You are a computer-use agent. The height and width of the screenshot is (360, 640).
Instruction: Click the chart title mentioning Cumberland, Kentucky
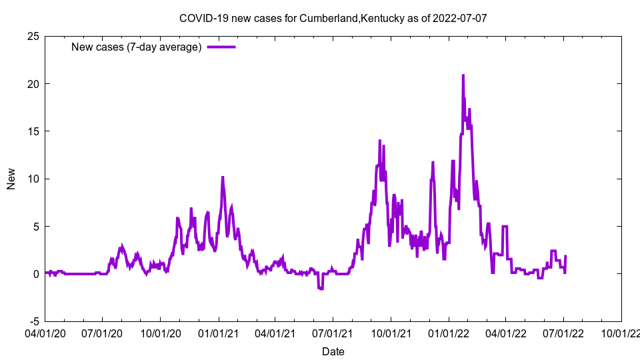(x=333, y=18)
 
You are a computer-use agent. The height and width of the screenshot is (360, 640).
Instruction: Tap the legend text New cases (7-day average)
(x=136, y=47)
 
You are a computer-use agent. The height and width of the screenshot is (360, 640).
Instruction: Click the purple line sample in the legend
(x=221, y=47)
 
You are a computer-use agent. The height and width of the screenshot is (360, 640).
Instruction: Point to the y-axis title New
(x=11, y=179)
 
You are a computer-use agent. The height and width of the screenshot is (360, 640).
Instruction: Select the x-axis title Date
(x=333, y=351)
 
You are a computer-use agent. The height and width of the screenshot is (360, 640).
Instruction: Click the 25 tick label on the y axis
(x=33, y=36)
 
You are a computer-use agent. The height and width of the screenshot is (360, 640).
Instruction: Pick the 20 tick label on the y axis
(x=33, y=84)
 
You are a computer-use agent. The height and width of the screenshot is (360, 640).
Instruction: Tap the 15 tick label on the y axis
(x=33, y=131)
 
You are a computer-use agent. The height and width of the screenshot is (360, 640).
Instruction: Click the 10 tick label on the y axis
(x=33, y=179)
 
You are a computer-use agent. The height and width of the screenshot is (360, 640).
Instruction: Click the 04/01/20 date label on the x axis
(x=45, y=331)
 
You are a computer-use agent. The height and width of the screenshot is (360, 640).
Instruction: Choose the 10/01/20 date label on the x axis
(x=161, y=331)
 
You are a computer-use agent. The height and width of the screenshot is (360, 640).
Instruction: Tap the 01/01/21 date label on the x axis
(x=219, y=331)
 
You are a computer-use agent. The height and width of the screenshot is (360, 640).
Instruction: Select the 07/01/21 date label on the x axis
(x=333, y=331)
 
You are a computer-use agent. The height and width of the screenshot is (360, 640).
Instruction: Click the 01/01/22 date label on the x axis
(x=449, y=331)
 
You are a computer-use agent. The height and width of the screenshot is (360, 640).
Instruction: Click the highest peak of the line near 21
(x=463, y=75)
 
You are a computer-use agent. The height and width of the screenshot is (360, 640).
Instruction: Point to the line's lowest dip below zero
(x=321, y=289)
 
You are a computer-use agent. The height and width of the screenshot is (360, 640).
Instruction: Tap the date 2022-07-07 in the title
(x=459, y=18)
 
